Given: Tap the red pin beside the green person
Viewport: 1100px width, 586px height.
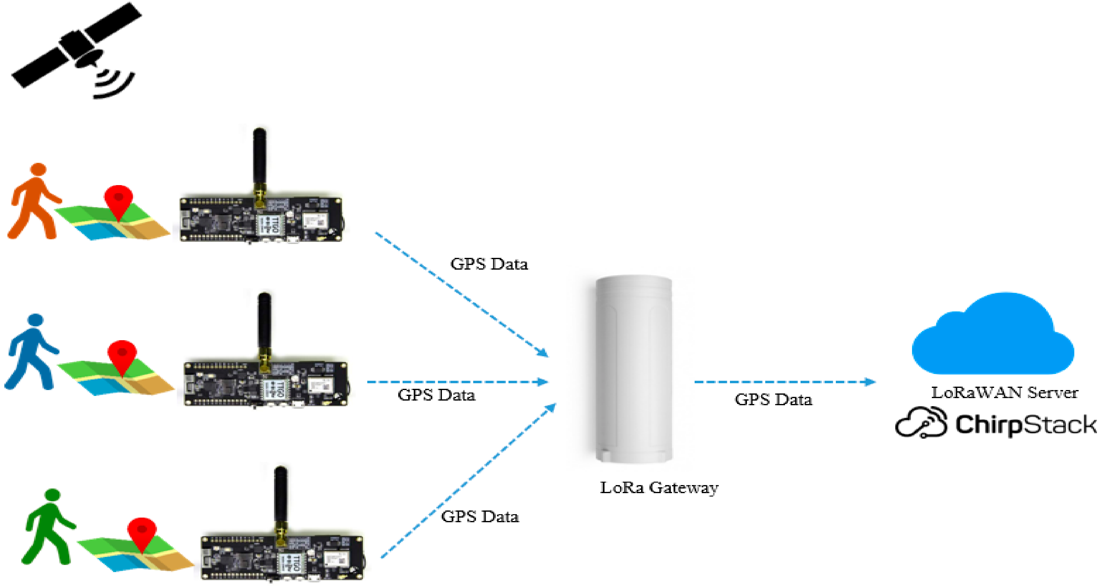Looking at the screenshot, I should point(142,533).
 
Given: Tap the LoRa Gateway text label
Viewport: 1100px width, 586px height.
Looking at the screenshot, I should point(659,488).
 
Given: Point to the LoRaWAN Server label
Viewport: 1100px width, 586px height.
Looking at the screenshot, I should point(1004,392).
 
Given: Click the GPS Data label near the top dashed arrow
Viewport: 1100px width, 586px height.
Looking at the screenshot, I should point(489,264).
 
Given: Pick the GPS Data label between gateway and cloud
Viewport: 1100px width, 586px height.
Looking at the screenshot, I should point(773,399).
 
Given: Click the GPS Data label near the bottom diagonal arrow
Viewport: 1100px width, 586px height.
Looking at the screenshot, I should point(479,517).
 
